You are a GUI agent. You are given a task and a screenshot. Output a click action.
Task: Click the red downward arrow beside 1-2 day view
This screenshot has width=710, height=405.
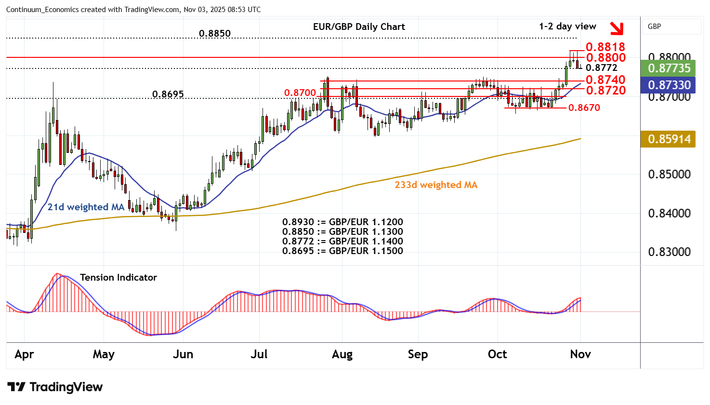coord(616,28)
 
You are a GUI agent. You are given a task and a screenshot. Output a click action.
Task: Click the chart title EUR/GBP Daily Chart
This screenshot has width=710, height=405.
coord(359,27)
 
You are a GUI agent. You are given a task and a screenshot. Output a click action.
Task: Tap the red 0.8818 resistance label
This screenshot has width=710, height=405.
coord(605,47)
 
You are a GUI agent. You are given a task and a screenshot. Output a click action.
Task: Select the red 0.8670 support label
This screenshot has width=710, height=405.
coord(584,108)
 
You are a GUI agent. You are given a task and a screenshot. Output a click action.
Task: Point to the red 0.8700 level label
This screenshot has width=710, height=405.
coord(300,93)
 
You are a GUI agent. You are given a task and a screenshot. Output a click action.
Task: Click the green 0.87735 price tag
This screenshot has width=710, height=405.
coord(669,68)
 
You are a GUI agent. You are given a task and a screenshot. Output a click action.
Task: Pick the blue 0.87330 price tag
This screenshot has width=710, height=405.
coord(669,85)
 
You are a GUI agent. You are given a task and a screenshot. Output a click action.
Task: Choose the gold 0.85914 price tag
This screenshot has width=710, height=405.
coord(669,139)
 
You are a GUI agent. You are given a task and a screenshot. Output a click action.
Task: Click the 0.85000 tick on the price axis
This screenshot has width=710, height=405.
coord(669,174)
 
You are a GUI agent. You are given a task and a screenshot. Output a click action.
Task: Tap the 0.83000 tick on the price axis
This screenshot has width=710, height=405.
coord(669,252)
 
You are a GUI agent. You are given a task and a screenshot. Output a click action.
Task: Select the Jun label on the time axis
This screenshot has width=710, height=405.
coord(183,354)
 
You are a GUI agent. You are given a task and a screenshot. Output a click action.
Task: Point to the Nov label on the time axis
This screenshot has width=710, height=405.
coord(580,354)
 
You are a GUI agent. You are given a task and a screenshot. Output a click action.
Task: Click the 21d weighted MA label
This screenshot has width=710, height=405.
coord(86,207)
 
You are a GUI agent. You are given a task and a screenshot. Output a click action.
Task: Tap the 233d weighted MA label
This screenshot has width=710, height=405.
coord(436,185)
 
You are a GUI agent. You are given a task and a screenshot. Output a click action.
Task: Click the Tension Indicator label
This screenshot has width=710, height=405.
coord(118,278)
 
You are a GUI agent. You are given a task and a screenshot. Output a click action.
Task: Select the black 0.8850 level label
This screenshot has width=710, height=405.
coord(215,34)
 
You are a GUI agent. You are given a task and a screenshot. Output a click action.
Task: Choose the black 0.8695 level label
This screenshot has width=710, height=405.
coord(168,94)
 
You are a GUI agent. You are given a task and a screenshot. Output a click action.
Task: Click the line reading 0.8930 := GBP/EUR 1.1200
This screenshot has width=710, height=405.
coord(342,222)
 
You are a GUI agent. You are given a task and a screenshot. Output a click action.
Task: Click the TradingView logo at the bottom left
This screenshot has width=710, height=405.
coord(55,387)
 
